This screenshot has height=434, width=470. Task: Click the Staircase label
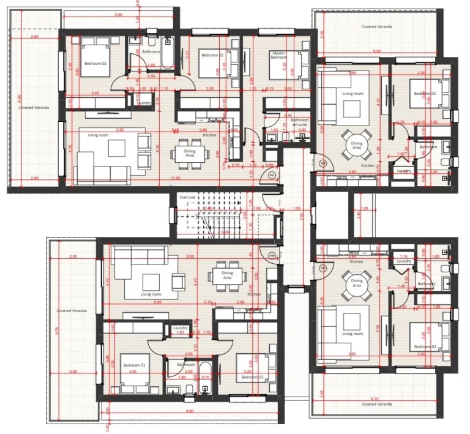187,197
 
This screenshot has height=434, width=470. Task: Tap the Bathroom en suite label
299,122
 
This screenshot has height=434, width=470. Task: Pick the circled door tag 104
272,255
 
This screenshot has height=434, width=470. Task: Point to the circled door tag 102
323,163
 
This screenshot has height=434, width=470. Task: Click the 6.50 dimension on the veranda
376,51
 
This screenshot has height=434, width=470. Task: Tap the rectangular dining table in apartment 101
185,152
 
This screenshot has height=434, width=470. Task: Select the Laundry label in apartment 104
180,328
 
